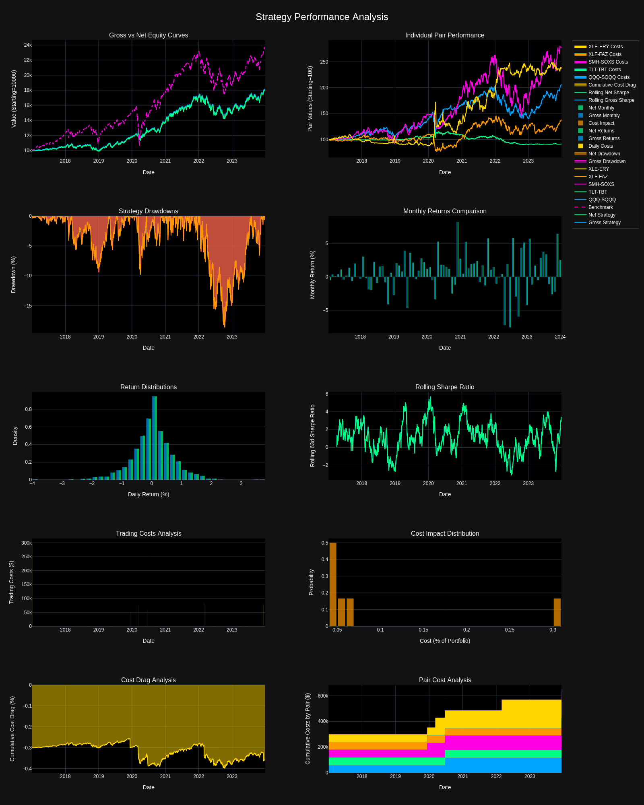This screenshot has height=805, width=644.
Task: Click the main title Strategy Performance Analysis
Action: click(322, 17)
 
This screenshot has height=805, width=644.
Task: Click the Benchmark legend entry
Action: click(600, 207)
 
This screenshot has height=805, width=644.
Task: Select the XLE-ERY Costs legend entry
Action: click(605, 47)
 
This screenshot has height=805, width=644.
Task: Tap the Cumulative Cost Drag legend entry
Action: click(611, 85)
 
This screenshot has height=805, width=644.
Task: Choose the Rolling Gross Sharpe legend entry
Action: click(611, 100)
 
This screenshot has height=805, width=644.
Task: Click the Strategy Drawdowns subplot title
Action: click(148, 211)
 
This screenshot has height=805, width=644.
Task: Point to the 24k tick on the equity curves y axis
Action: click(28, 45)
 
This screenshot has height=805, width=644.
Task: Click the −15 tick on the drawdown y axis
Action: click(27, 306)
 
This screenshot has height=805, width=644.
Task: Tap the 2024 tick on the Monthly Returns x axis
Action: click(560, 337)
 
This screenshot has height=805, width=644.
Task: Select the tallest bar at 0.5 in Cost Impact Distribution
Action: click(333, 584)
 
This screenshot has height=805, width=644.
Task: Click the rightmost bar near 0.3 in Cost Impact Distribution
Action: click(557, 612)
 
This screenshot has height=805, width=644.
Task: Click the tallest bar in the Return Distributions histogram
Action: click(155, 438)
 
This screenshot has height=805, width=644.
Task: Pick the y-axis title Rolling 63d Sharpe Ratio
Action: click(312, 436)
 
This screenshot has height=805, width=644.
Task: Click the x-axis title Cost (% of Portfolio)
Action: click(445, 641)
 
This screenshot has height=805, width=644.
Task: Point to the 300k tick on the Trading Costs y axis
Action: click(27, 543)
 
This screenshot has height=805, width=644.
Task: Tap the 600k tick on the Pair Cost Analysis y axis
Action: click(323, 696)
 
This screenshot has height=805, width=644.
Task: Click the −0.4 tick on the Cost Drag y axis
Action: click(27, 769)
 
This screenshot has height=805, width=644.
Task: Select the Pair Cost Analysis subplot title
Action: click(445, 680)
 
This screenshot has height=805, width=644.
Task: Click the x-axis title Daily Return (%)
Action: click(149, 494)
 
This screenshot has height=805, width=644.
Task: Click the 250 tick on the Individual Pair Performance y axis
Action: click(324, 62)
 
